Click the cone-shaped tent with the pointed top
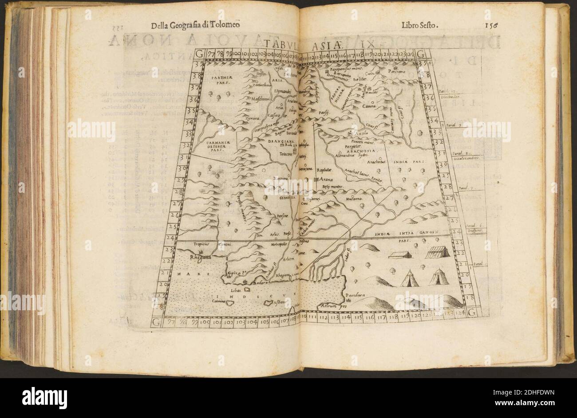point(408,278)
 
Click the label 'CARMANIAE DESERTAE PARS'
point(216,146)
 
